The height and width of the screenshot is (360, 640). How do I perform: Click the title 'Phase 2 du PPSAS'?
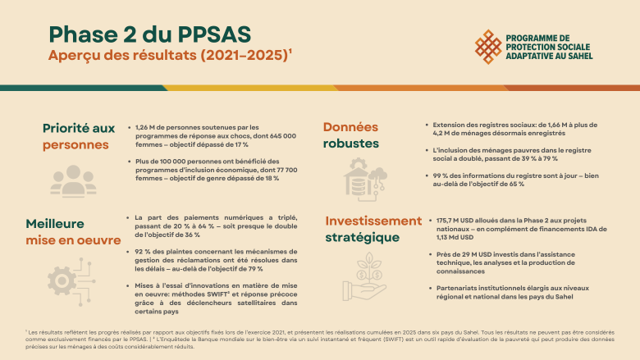pos(150,34)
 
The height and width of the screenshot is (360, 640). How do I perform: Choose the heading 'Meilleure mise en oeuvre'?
pos(73,232)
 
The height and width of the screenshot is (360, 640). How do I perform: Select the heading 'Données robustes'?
pos(350,135)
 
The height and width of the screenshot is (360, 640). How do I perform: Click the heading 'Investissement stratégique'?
pos(373,229)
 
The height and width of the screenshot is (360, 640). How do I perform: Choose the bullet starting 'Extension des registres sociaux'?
pos(515,130)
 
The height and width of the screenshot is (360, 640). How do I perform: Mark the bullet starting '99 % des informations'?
pos(515,180)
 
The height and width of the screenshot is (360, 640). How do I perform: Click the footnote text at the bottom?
pos(319,340)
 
